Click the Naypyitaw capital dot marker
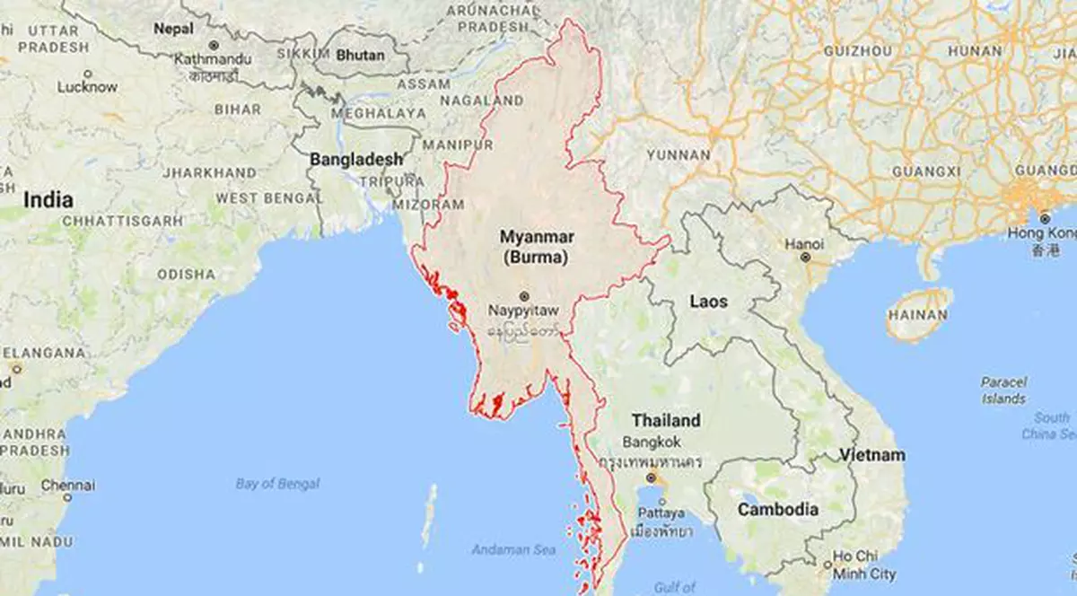[x=524, y=295]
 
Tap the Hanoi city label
[x=805, y=243]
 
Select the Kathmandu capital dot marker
[x=214, y=45]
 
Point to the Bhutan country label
[x=361, y=56]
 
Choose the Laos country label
[x=708, y=302]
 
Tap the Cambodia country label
[x=777, y=510]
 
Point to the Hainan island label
[x=917, y=315]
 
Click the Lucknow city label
[x=87, y=87]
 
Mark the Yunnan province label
[x=677, y=155]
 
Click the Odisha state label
[x=186, y=274]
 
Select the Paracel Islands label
[x=1003, y=390]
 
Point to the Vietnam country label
[x=871, y=455]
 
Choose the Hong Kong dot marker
[x=1045, y=217]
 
